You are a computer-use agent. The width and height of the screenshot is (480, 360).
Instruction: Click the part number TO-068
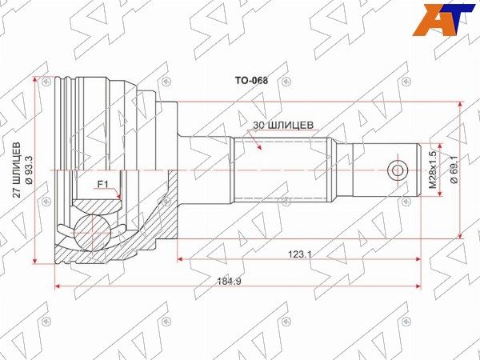251,81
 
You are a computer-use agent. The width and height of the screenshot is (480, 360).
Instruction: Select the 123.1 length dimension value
298,254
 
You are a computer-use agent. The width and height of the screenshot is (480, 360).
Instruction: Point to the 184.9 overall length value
230,281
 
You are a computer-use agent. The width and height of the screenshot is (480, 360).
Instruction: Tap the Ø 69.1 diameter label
454,170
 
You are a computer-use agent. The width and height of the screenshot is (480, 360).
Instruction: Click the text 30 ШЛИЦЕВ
283,126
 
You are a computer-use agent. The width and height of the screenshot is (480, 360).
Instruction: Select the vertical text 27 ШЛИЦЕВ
18,170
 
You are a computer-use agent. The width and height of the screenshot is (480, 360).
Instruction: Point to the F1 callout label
103,185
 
